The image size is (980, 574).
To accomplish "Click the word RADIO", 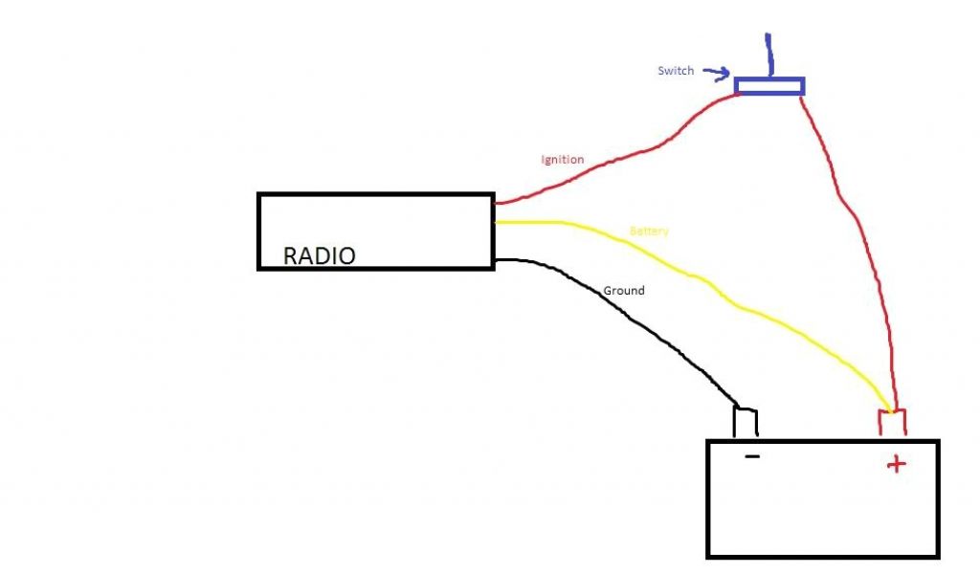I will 320,256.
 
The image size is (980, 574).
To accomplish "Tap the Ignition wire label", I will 562,160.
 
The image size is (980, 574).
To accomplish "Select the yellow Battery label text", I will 649,232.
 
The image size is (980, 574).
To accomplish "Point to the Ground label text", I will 624,290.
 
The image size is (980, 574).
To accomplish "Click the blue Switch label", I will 675,71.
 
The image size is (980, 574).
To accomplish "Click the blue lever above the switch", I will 768,55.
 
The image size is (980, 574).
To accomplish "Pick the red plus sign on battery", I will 896,465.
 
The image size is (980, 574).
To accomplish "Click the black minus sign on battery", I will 752,457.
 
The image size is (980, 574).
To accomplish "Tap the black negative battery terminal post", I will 746,422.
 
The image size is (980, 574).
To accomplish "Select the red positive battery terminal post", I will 892,424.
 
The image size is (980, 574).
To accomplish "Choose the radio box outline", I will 375,195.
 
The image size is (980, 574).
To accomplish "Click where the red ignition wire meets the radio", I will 495,203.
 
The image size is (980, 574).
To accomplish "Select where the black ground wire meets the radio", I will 496,259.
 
